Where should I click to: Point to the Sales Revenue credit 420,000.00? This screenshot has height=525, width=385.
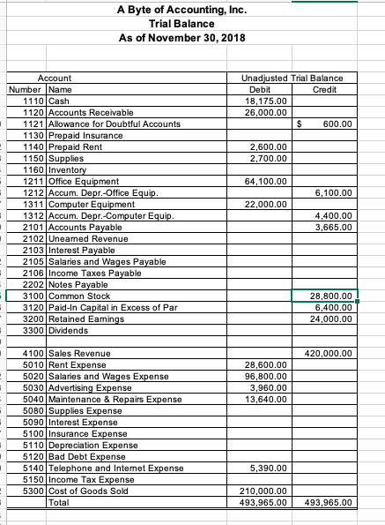pyautogui.click(x=329, y=354)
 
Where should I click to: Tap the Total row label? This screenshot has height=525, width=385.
pyautogui.click(x=60, y=502)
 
